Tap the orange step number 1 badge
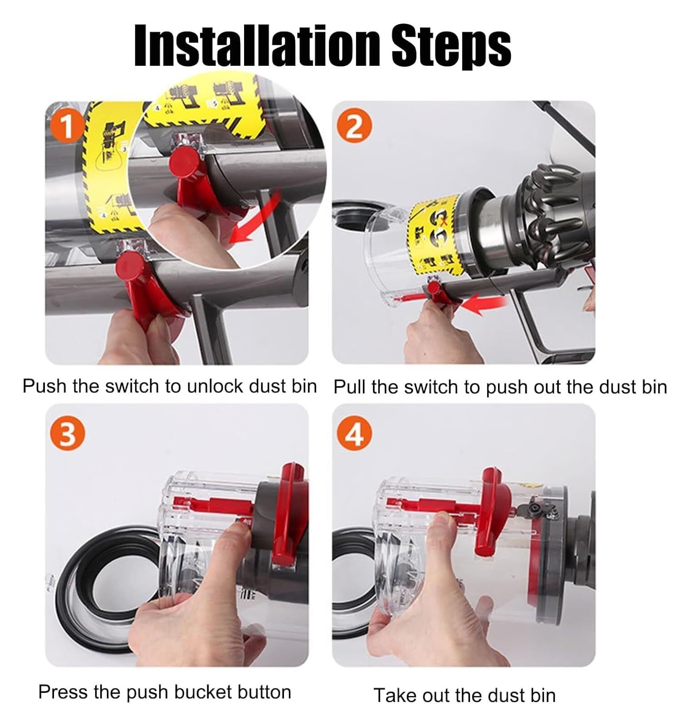click(67, 127)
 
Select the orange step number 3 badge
click(67, 435)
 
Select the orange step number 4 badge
click(354, 435)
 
